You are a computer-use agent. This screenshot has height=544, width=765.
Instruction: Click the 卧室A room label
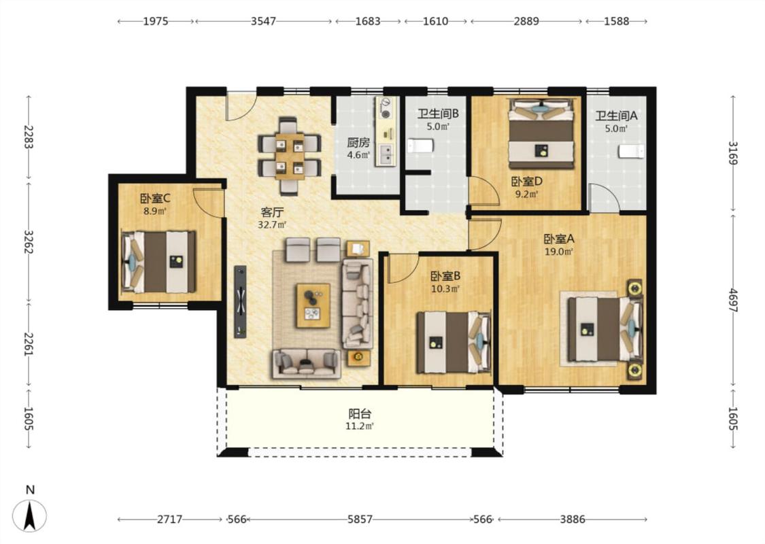pyautogui.click(x=559, y=239)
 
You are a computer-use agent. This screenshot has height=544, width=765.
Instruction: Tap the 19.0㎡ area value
pyautogui.click(x=559, y=252)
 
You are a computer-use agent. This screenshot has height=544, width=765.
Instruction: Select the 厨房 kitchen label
pyautogui.click(x=358, y=143)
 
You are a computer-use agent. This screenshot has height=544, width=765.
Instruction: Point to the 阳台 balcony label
pyautogui.click(x=360, y=413)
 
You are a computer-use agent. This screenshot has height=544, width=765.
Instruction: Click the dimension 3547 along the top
pyautogui.click(x=263, y=21)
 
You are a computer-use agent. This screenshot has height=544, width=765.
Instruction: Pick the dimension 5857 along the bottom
pyautogui.click(x=360, y=519)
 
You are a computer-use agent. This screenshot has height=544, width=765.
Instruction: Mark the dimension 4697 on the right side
pyautogui.click(x=733, y=301)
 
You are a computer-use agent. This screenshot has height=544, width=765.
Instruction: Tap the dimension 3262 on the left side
pyautogui.click(x=29, y=242)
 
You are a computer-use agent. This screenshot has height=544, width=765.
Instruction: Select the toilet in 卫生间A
pyautogui.click(x=632, y=151)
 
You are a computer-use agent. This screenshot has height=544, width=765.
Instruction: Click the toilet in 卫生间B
pyautogui.click(x=420, y=146)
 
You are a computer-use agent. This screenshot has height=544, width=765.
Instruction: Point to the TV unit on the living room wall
pyautogui.click(x=240, y=301)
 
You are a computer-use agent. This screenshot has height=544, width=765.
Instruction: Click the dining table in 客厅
pyautogui.click(x=289, y=156)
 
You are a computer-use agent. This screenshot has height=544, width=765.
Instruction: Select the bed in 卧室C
pyautogui.click(x=158, y=262)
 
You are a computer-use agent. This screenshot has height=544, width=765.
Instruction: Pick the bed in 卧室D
pyautogui.click(x=541, y=134)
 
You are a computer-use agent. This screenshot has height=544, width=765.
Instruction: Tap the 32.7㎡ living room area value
pyautogui.click(x=272, y=225)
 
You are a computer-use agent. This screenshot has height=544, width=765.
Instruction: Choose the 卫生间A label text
pyautogui.click(x=616, y=116)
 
